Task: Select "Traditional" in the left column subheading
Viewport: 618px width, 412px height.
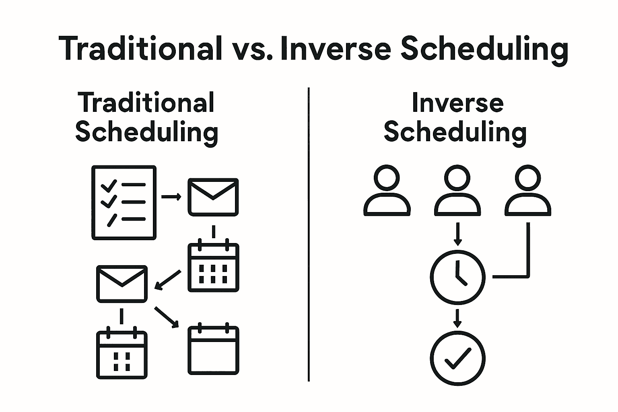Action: tap(146, 102)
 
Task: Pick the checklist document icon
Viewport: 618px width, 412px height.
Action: tap(124, 202)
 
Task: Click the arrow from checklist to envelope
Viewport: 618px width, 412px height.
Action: tap(171, 197)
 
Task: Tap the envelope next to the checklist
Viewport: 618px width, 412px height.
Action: tap(213, 197)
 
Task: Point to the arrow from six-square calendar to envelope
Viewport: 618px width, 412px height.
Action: tap(167, 280)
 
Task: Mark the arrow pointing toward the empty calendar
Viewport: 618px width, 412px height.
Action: tap(166, 317)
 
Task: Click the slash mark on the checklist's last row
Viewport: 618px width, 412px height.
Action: tap(112, 220)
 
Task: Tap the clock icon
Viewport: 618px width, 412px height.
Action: tap(458, 277)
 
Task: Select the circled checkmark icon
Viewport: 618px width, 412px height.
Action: tap(458, 358)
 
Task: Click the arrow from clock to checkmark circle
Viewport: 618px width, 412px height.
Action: tap(457, 318)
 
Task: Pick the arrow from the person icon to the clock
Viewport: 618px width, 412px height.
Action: tap(458, 234)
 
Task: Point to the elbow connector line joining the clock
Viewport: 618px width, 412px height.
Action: tap(528, 276)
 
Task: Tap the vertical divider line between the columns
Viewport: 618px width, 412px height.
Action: tap(309, 234)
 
